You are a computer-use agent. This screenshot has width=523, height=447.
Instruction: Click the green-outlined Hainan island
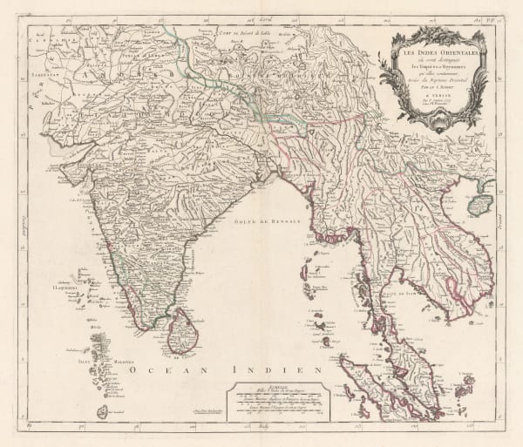pos(480,203)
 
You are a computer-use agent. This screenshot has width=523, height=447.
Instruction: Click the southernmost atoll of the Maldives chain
pos(103,410)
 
